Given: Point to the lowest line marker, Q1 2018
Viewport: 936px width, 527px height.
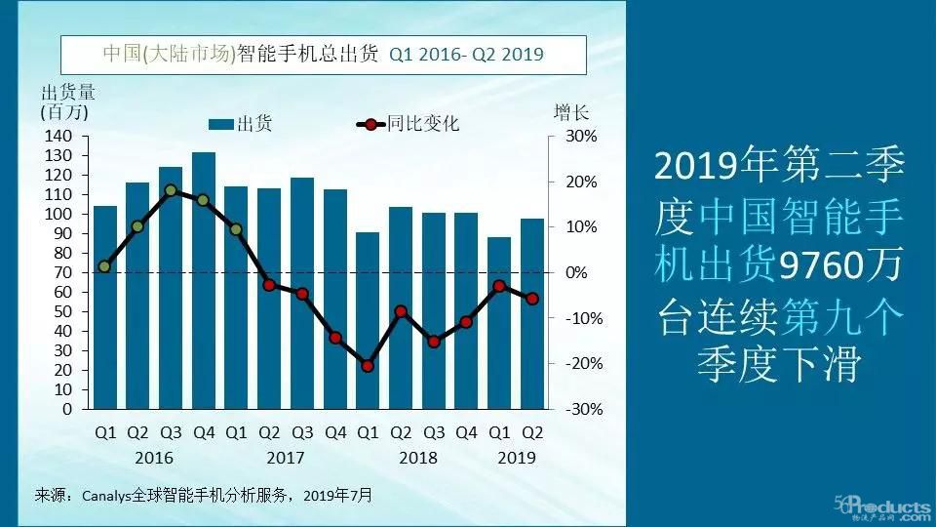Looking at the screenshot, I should point(368,366).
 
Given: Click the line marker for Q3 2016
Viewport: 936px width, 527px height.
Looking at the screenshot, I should point(171,191).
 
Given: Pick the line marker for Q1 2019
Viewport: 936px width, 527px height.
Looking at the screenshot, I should point(499,286).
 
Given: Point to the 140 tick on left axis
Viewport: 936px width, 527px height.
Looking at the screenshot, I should point(60,137).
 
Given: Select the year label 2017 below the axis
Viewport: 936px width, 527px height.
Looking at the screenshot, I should point(285,458).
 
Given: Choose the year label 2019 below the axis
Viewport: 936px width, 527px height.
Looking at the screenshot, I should point(515,458).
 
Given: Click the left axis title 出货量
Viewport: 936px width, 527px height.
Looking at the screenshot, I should point(67,93).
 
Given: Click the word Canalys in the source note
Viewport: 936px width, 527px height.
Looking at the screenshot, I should point(107,496).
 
